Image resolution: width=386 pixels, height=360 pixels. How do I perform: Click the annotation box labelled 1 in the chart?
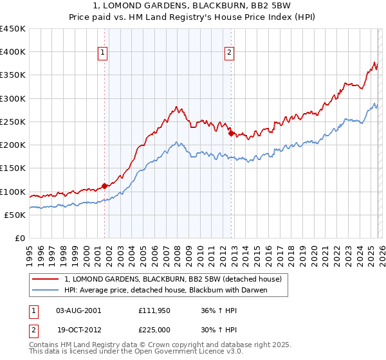pyautogui.click(x=104, y=53)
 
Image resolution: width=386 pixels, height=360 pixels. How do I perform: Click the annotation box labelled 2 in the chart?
pyautogui.click(x=230, y=53)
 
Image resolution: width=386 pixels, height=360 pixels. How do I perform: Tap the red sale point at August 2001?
pyautogui.click(x=104, y=186)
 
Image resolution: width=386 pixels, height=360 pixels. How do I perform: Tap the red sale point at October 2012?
pyautogui.click(x=231, y=134)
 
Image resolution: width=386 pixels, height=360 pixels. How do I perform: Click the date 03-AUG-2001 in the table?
pyautogui.click(x=78, y=310)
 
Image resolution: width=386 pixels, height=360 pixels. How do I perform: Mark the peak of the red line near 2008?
pyautogui.click(x=176, y=106)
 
